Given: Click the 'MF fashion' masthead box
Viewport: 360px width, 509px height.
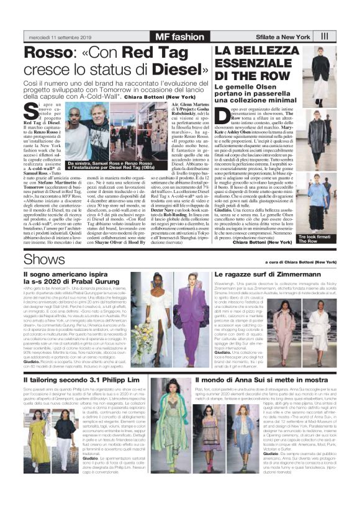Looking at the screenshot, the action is click(x=179, y=36).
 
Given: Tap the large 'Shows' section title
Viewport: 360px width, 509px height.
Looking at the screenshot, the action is click(x=40, y=256).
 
